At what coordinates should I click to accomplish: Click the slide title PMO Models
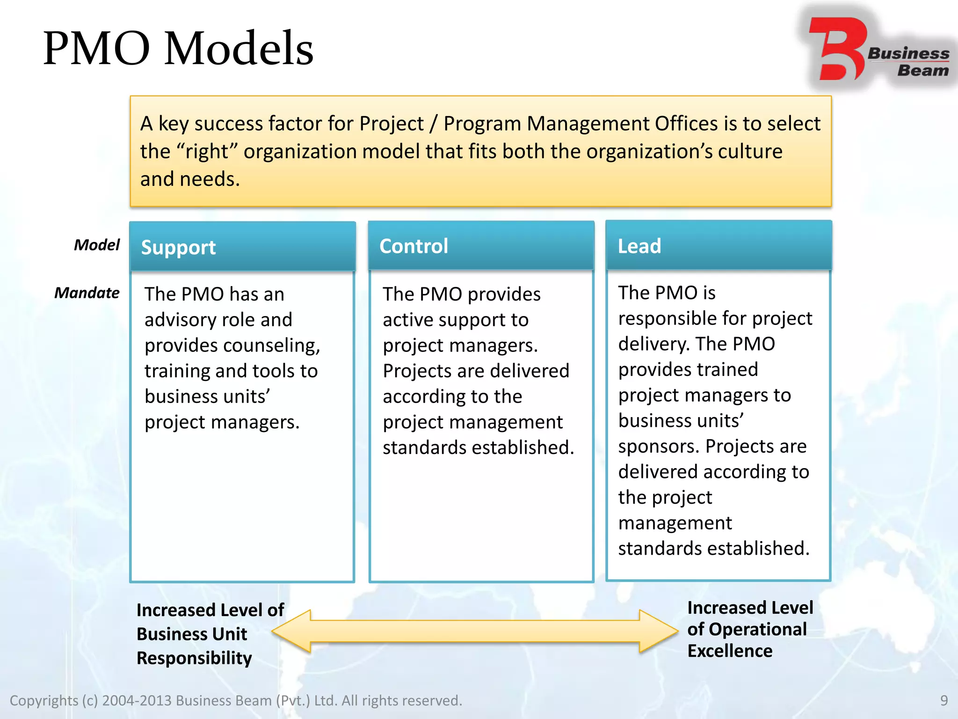(178, 48)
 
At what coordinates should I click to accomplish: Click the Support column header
(178, 247)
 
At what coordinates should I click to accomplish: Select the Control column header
(414, 246)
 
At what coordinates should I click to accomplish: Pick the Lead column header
(639, 246)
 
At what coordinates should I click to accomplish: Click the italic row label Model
(96, 245)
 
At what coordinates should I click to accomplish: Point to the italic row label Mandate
(87, 293)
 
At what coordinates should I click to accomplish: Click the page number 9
(944, 701)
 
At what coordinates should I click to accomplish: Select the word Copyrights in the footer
(44, 701)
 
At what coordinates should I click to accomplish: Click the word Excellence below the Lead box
(730, 651)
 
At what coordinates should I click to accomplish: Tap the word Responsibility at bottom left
(194, 658)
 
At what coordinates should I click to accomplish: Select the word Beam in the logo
(922, 71)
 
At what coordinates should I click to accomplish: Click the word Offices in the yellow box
(687, 124)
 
